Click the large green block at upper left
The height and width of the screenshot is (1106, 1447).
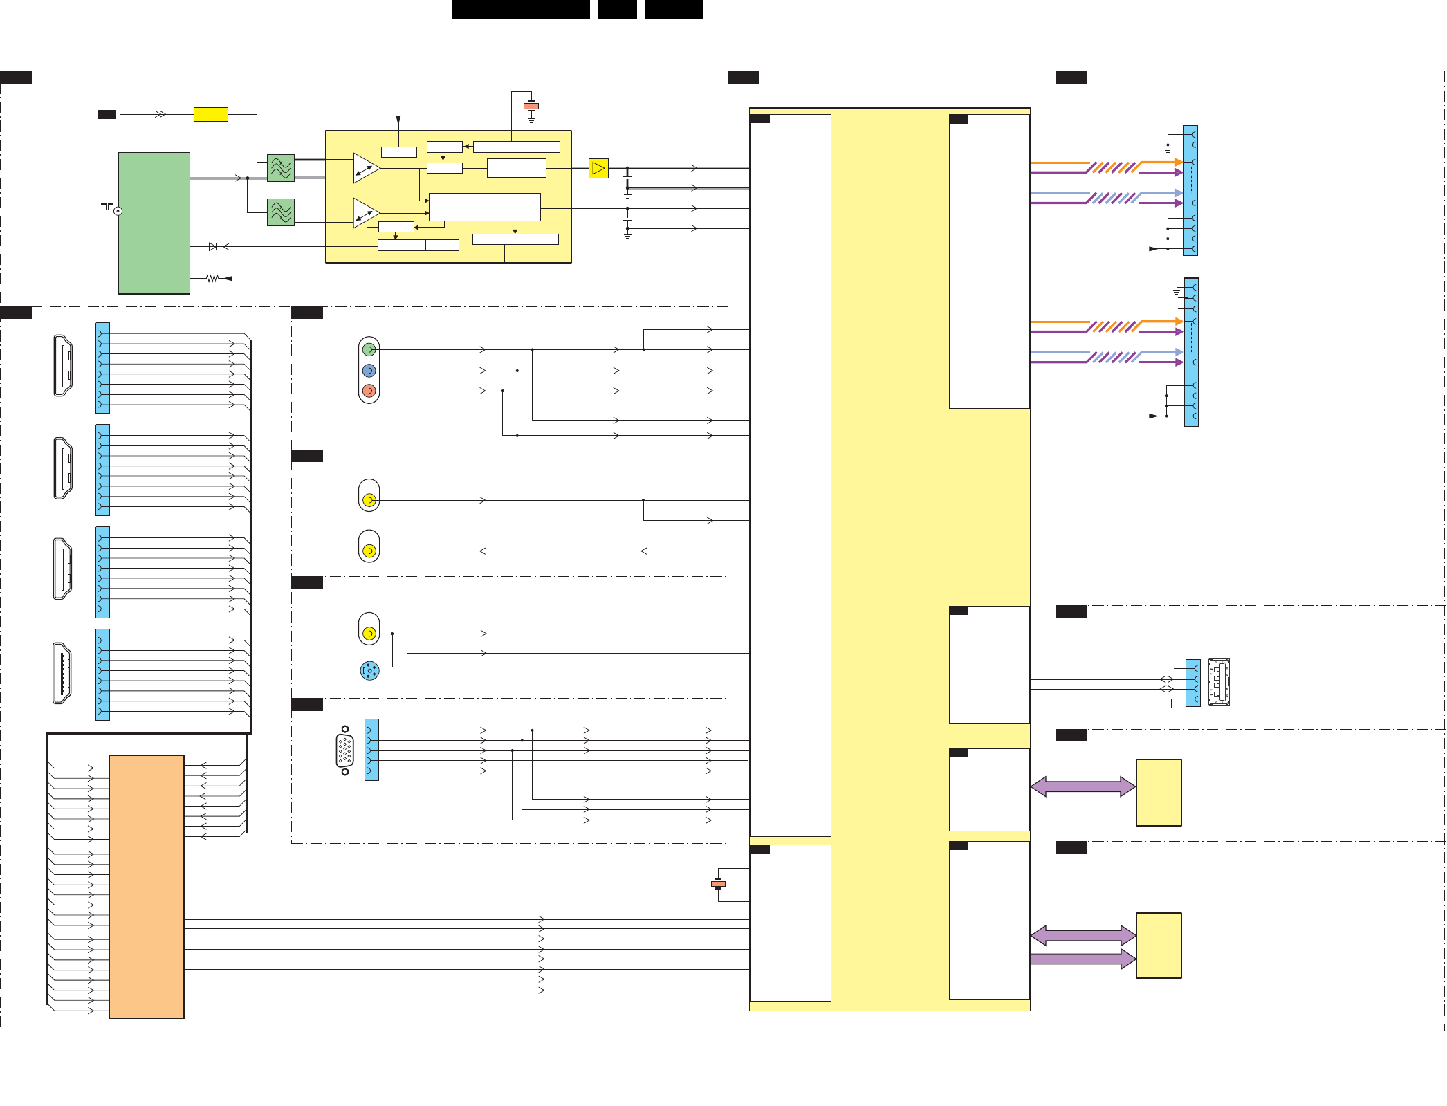tap(154, 223)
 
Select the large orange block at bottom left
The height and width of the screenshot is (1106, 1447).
tap(147, 886)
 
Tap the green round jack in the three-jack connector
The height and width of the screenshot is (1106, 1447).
tap(369, 350)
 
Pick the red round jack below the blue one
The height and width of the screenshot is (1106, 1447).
tap(369, 391)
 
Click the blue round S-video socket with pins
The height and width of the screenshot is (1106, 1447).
tap(369, 670)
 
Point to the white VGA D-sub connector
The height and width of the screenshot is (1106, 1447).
tap(344, 750)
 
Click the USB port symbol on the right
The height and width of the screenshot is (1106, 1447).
tap(1219, 682)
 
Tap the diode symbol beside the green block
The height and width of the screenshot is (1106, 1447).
tap(213, 247)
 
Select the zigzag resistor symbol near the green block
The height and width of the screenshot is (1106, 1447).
tap(212, 278)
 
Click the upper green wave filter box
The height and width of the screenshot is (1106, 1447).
tap(281, 168)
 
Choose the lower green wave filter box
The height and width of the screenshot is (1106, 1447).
tap(281, 212)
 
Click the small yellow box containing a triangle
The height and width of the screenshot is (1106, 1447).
tap(598, 168)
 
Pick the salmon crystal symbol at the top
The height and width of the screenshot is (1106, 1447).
tap(531, 106)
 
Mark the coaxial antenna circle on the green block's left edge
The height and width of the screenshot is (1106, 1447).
tap(118, 211)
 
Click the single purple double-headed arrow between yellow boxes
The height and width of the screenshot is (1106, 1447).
tap(1083, 786)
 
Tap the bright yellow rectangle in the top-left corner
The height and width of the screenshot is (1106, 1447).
tap(211, 114)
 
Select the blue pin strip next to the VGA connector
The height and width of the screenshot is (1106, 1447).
tap(371, 750)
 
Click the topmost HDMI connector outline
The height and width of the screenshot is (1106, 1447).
tap(63, 366)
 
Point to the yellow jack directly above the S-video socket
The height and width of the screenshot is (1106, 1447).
tap(369, 633)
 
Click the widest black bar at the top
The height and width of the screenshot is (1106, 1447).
tap(521, 9)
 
